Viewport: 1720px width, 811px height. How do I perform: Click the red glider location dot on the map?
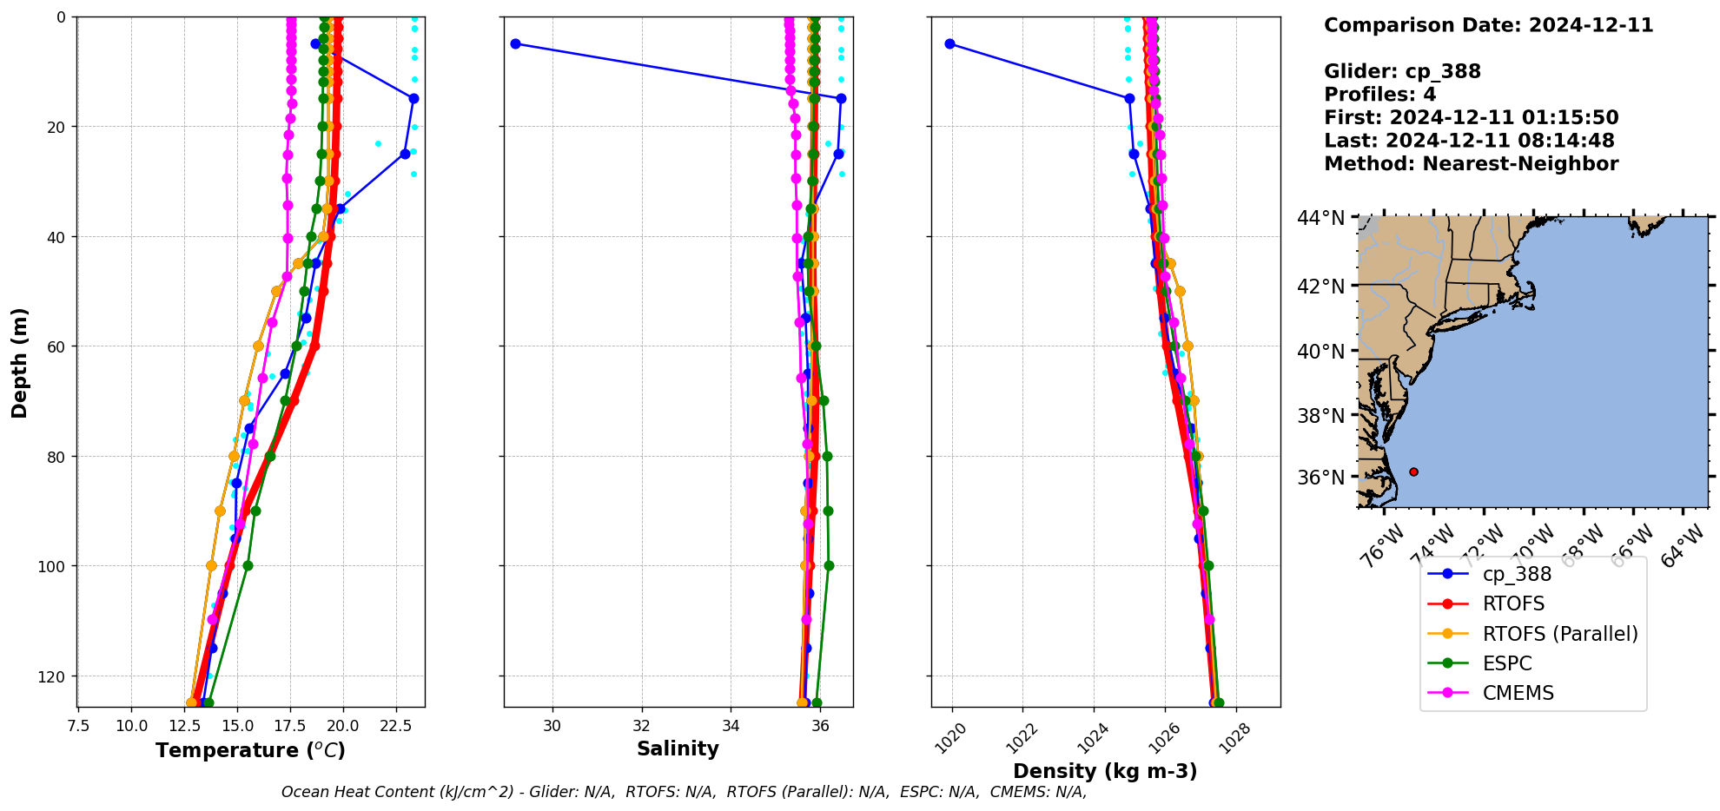[1413, 471]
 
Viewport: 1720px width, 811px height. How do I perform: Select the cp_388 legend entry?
[1516, 574]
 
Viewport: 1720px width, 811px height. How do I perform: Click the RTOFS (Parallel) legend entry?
[1559, 634]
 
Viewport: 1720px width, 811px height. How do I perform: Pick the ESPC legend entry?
[1506, 663]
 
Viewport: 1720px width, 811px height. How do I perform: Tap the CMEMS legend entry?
[1517, 693]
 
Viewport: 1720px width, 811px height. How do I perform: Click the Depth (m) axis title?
[19, 362]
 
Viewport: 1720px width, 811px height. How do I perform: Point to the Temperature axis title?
[250, 750]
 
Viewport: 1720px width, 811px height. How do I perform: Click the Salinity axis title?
[678, 748]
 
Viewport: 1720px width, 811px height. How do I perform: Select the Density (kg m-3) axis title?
[1105, 771]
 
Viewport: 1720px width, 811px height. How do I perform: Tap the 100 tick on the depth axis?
[54, 566]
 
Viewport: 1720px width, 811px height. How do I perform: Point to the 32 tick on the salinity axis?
[641, 726]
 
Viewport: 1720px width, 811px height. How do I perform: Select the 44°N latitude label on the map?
[1320, 218]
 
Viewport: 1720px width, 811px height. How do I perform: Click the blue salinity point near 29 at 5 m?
[515, 43]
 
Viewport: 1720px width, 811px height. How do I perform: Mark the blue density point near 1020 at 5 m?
[949, 43]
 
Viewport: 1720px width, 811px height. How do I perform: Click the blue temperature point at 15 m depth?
[413, 98]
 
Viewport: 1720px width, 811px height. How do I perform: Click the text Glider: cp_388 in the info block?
[1402, 71]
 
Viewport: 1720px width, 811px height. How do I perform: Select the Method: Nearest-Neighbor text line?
[1471, 164]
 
